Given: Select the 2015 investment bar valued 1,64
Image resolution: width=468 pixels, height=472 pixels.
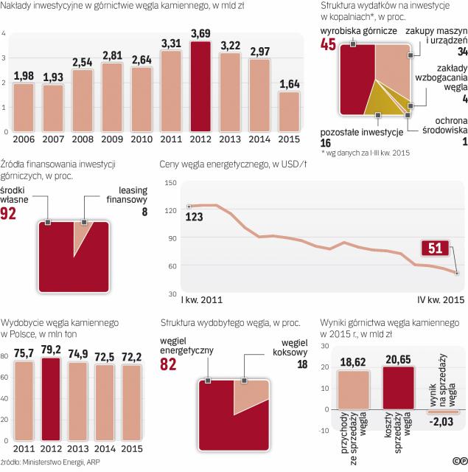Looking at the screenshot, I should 289,111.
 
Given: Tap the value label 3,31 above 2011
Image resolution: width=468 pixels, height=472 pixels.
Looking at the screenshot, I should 170,44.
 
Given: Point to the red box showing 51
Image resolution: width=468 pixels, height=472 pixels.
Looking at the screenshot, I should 435,249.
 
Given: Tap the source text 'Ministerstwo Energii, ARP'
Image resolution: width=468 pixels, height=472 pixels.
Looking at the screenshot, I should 66,462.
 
